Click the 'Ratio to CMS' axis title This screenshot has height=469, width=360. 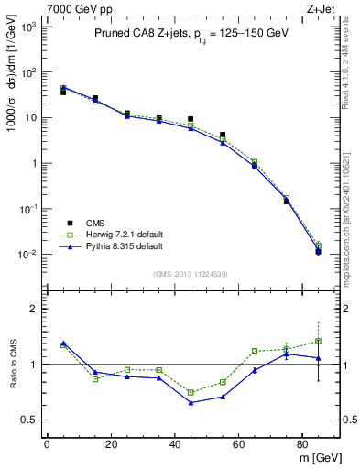point(14,365)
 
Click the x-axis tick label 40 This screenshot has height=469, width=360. point(175,445)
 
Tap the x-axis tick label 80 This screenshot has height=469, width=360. point(303,445)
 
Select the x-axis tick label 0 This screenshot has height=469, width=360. point(47,445)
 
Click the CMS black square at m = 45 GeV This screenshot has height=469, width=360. point(191,119)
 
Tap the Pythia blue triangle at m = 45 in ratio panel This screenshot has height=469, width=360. point(191,402)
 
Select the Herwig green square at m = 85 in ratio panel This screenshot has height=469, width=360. point(318,341)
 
